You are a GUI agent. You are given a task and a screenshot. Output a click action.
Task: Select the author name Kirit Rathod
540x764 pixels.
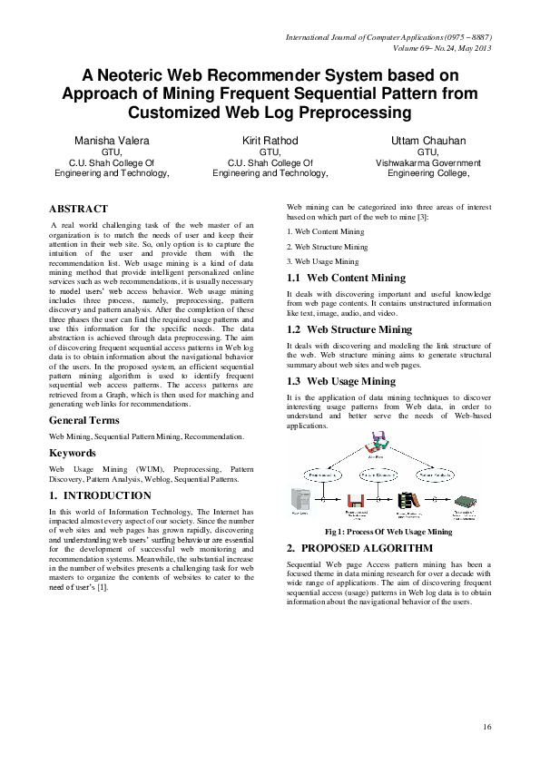coord(270,142)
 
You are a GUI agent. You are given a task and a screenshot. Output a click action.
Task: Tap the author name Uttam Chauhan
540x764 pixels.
coord(427,142)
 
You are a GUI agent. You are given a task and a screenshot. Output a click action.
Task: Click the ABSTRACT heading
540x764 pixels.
coord(78,209)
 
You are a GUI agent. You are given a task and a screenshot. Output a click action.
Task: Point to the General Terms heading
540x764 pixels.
coord(89,421)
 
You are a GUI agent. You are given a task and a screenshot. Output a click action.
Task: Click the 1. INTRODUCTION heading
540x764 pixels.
coord(100,496)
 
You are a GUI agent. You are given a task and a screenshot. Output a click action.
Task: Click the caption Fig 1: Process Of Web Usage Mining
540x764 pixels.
coord(388,532)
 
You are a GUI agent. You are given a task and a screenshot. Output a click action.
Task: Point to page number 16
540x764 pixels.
coord(487,727)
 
